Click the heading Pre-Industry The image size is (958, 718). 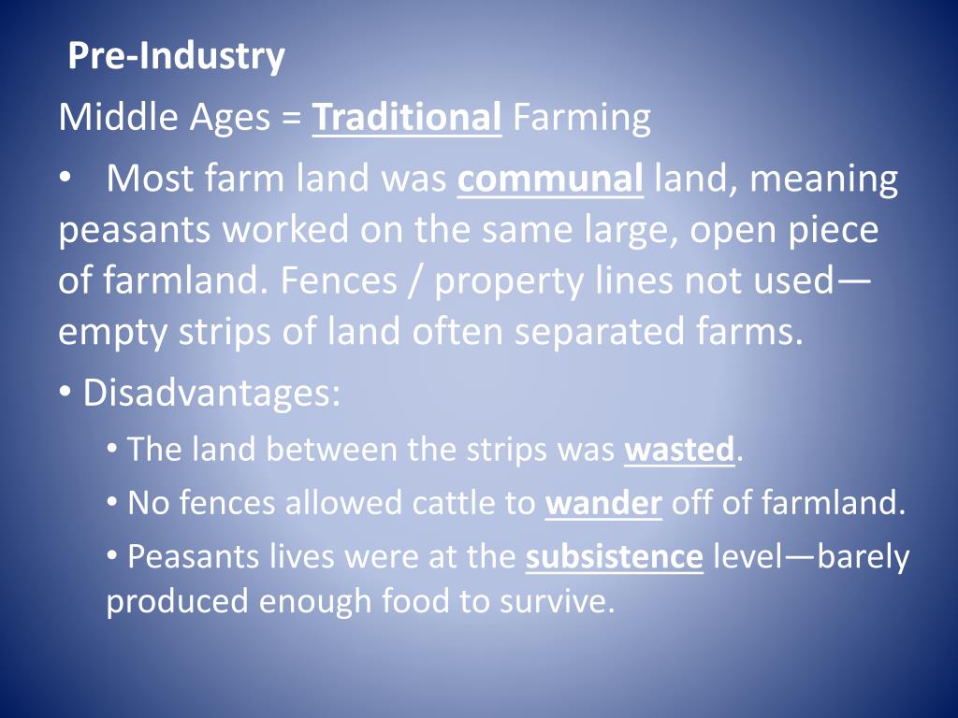click(x=177, y=57)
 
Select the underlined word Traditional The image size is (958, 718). click(x=407, y=119)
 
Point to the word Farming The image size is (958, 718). click(x=581, y=119)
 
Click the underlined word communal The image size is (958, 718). click(x=550, y=179)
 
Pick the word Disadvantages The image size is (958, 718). click(x=210, y=394)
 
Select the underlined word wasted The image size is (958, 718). click(x=679, y=451)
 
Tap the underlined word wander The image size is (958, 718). click(x=603, y=504)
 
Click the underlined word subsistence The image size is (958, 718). click(x=614, y=557)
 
